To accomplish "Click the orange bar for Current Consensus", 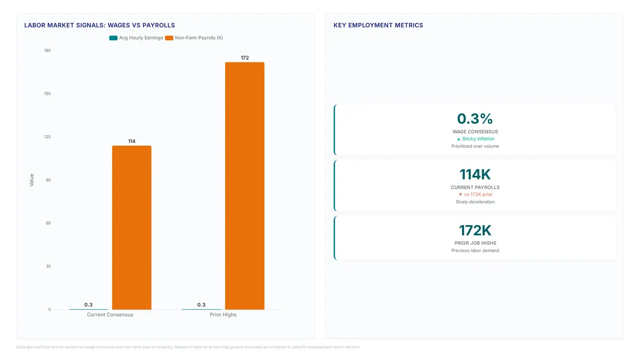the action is [x=132, y=227].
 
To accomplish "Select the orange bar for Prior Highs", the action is [x=245, y=186].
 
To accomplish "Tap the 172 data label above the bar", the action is [x=245, y=58].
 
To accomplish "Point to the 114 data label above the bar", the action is [x=132, y=141].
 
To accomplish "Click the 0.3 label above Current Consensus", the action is [x=89, y=305].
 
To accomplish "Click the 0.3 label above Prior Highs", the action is [x=202, y=305].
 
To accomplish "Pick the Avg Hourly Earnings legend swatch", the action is [x=114, y=38].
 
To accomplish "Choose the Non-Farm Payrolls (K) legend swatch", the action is [x=169, y=38].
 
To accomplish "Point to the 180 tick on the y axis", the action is [x=47, y=51].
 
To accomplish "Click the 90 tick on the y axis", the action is [x=49, y=180].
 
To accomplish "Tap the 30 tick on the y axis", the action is [x=49, y=266].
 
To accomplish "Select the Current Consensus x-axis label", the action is [x=110, y=315].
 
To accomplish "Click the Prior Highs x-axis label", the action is [x=223, y=315].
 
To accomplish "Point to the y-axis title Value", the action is [x=31, y=180].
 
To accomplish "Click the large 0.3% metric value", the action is [x=475, y=118].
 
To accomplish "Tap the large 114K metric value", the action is [x=475, y=174].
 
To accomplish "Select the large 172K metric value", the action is [x=475, y=230].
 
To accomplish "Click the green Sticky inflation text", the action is [x=478, y=139].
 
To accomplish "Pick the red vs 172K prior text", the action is [x=478, y=195].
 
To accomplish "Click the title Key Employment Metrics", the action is [x=378, y=25].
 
